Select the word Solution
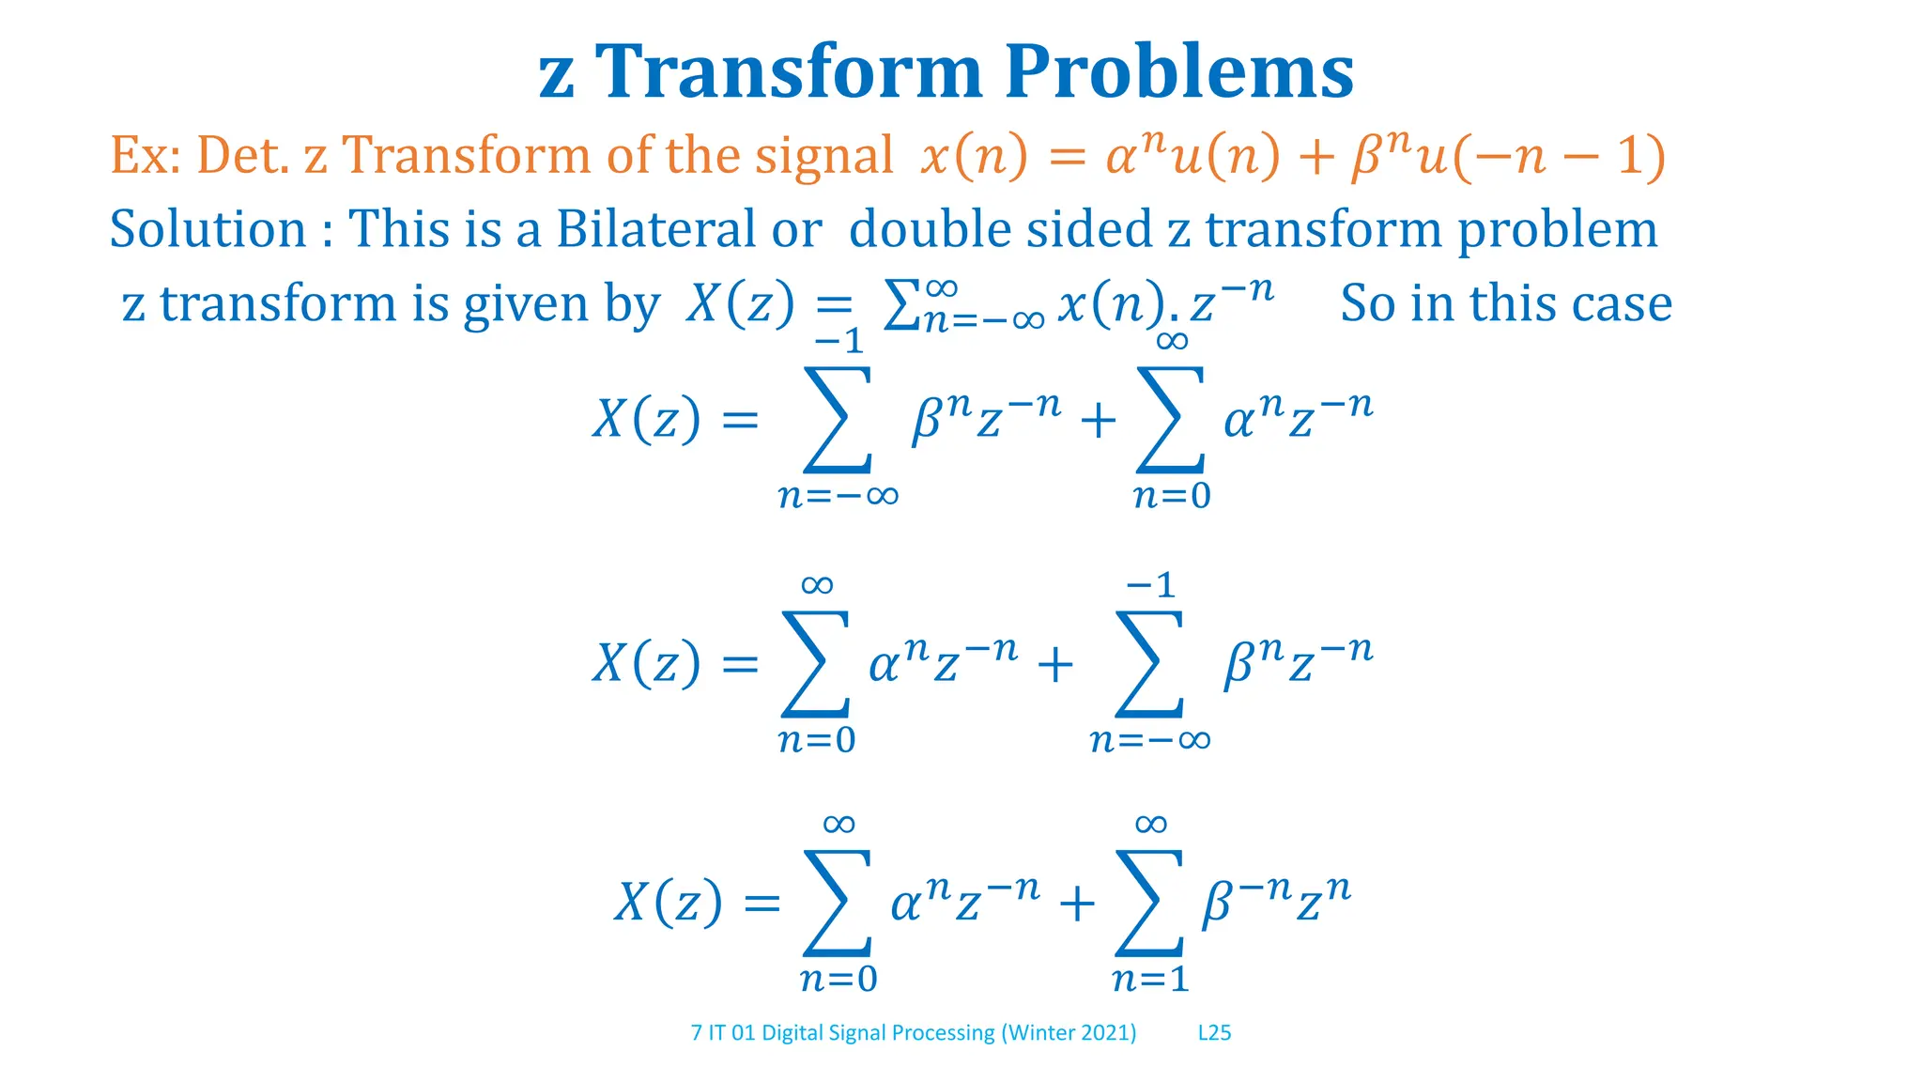(208, 229)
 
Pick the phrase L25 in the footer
(1214, 1033)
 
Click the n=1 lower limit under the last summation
(1150, 980)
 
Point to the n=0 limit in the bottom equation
(838, 980)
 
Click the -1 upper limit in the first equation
(838, 340)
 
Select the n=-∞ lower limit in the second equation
(1150, 740)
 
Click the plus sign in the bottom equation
(1076, 904)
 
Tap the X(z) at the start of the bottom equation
(669, 904)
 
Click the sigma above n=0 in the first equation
(1170, 419)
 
